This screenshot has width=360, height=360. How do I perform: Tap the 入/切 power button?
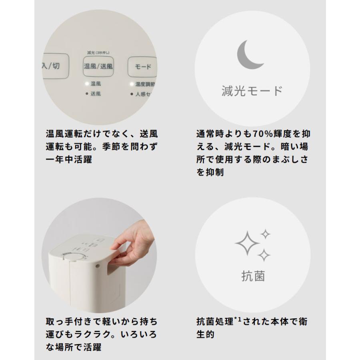click(51, 66)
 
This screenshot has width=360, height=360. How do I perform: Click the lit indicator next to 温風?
click(86, 84)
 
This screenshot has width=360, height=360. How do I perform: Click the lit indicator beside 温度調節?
click(131, 84)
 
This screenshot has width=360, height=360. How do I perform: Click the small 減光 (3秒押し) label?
click(98, 52)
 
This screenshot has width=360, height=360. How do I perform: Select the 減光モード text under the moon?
click(252, 91)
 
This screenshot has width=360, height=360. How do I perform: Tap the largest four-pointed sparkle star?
click(247, 243)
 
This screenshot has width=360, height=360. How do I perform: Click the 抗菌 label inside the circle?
click(253, 276)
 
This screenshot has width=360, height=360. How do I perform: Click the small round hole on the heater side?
click(98, 265)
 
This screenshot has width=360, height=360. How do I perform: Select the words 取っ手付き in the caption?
click(68, 321)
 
